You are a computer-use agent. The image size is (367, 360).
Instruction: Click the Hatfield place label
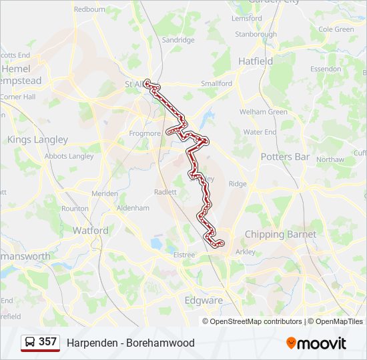pos(256,61)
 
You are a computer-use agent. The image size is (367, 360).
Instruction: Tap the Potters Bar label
pos(285,157)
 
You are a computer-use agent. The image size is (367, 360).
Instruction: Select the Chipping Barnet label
pos(280,235)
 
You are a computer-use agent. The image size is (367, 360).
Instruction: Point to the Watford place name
pos(90,231)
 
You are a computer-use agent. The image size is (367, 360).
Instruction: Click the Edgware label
pos(204,300)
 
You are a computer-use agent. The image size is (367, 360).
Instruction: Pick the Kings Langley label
pos(37,139)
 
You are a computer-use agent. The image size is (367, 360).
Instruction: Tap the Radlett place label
pos(165,191)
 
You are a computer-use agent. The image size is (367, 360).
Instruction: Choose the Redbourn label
pos(89,9)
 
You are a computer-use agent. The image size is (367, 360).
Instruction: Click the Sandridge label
pos(178,40)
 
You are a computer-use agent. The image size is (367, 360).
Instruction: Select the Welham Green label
pos(264,112)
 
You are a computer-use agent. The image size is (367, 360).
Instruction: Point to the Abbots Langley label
pos(69,156)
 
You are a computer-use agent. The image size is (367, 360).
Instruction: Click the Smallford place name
pos(217,84)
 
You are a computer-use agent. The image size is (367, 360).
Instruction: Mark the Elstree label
pos(184,255)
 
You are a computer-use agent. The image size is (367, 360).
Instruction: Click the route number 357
pos(47,342)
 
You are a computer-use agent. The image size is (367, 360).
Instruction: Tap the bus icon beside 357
pos(30,343)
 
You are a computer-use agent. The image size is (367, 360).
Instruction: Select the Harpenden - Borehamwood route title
pos(131,343)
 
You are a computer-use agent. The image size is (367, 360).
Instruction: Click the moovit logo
pos(316,343)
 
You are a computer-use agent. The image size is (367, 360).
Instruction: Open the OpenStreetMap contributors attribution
pos(256,321)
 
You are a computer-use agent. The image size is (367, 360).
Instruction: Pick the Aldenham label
pos(133,208)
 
